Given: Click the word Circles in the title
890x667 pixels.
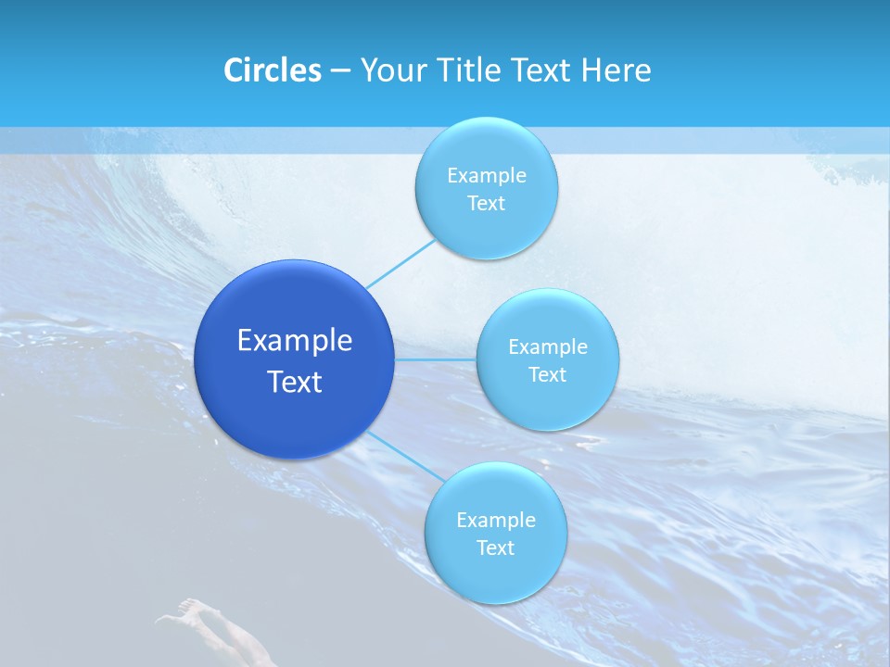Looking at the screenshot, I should tap(272, 70).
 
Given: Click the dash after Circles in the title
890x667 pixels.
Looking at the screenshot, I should tap(340, 71).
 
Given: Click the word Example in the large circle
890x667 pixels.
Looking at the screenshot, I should tap(295, 341).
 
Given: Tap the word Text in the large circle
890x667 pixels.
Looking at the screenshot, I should tap(295, 382).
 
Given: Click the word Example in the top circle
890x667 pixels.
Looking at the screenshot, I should tap(487, 176).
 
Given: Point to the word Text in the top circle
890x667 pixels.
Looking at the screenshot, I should tap(486, 203).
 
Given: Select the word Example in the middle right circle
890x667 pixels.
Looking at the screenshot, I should tap(548, 347).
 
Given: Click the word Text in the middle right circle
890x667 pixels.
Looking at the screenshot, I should tap(547, 374).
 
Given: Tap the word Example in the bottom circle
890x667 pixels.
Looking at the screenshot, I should tap(496, 521).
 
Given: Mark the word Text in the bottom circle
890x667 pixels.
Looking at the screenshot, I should tap(495, 547).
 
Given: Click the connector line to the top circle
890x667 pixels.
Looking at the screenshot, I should tap(400, 263).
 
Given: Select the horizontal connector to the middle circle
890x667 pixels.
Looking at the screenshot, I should tap(435, 359).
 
